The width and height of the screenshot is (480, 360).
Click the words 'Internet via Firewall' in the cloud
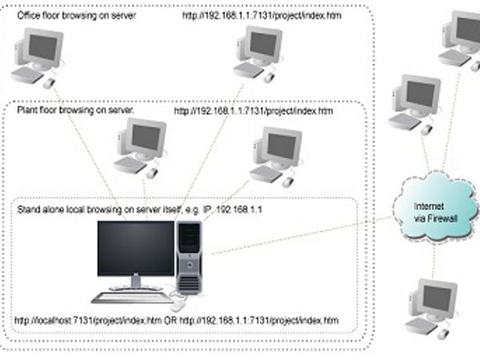(x=435, y=213)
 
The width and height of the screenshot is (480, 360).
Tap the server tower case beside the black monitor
(x=189, y=258)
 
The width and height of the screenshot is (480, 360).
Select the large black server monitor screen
(x=136, y=248)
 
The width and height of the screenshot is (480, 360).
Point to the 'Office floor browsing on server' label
(x=76, y=16)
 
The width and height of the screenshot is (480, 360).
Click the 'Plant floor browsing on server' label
(x=75, y=110)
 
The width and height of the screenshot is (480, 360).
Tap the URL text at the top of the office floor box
(x=262, y=15)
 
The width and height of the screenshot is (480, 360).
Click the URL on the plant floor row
(x=254, y=110)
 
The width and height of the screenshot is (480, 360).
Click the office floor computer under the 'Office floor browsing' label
(x=38, y=58)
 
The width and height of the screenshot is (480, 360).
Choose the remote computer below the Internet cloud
(x=432, y=309)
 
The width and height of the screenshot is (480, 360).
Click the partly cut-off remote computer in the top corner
(x=460, y=41)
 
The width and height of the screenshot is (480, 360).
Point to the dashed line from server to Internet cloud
(x=302, y=235)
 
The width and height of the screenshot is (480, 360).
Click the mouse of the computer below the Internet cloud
(x=443, y=334)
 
